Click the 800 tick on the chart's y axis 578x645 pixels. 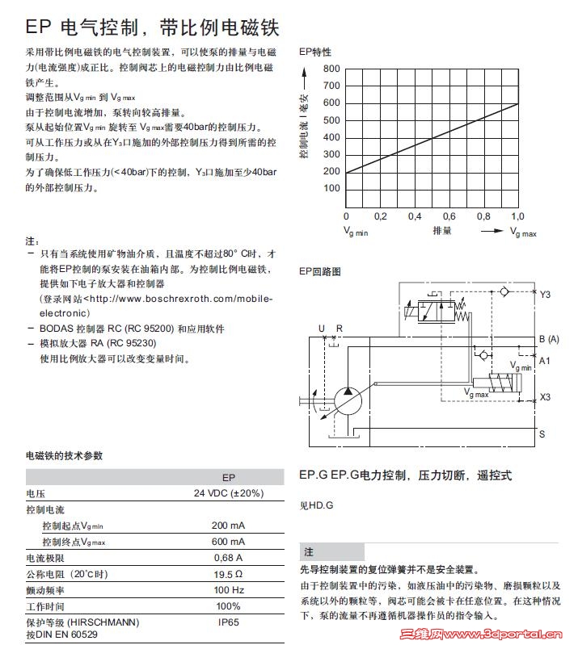click(331, 69)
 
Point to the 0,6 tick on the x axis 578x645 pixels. click(449, 216)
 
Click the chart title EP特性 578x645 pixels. click(315, 52)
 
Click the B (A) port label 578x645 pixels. click(549, 338)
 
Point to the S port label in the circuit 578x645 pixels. click(542, 434)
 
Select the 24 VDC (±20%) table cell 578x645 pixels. click(228, 493)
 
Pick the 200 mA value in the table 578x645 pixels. click(228, 526)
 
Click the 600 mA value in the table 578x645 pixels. click(228, 542)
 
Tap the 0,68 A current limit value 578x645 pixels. click(228, 558)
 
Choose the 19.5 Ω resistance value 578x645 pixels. click(228, 574)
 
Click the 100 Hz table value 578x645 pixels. click(228, 590)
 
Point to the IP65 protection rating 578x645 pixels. click(228, 622)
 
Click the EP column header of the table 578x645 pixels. click(228, 477)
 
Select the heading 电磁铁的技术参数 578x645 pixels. click(65, 455)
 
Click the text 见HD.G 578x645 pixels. click(316, 506)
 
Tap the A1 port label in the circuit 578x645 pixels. click(545, 360)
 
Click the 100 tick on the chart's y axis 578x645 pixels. click(331, 189)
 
